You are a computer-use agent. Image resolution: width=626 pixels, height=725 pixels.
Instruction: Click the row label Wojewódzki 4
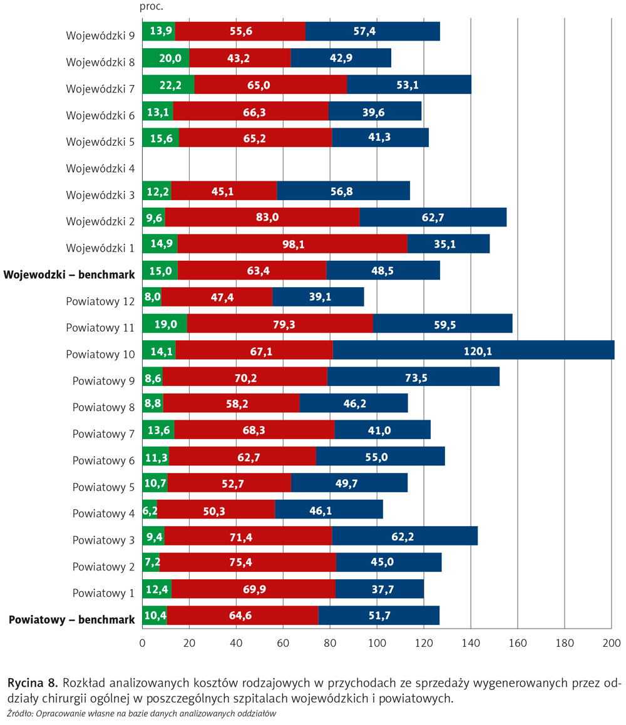100,168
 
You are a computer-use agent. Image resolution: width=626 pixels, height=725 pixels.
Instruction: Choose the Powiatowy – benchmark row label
72,620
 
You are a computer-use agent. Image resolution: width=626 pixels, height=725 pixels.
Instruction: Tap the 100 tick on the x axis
377,642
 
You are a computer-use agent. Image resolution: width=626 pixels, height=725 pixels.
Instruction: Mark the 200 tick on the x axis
612,642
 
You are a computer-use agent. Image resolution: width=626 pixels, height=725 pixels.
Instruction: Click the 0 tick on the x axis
143,642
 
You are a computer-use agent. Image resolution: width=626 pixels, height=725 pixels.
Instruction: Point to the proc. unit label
151,7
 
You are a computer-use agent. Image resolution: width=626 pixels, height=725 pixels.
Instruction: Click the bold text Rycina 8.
32,681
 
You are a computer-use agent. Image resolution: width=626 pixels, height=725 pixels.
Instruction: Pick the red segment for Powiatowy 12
217,297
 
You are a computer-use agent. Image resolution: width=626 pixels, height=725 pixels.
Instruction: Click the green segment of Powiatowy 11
165,324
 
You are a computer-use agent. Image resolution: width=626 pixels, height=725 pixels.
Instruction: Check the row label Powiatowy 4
103,514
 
